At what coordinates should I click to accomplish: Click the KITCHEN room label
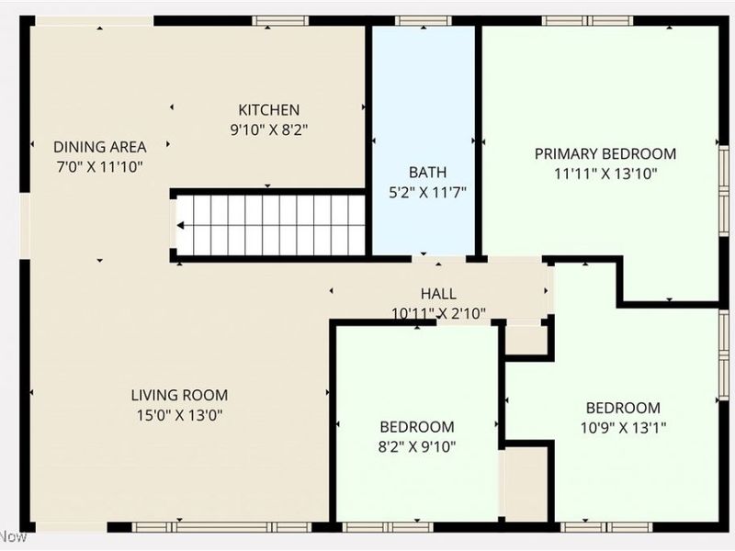[269, 110]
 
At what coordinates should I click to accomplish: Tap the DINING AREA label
[99, 147]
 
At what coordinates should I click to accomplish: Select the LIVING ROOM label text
[179, 395]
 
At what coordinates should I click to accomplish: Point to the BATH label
[427, 172]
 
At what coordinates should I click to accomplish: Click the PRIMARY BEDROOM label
[605, 153]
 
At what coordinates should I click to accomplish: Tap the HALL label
[438, 294]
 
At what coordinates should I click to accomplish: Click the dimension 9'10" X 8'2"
[269, 129]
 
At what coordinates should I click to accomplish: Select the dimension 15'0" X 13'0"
[179, 414]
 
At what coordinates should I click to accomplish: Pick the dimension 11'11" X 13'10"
[605, 173]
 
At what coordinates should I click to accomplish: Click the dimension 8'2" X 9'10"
[417, 446]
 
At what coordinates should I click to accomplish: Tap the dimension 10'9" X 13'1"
[623, 427]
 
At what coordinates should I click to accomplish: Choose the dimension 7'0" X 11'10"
[99, 166]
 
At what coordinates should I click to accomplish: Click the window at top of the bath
[424, 20]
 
